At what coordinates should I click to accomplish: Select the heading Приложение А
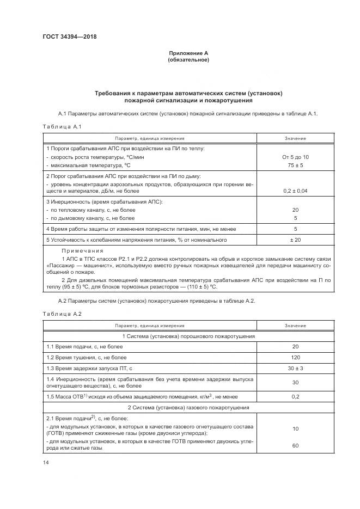188,53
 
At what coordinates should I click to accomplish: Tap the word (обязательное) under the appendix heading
188,59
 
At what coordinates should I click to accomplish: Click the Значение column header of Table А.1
295,138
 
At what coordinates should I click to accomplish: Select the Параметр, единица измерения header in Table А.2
149,326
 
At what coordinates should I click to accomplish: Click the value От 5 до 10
295,157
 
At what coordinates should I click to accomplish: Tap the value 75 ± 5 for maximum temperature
295,164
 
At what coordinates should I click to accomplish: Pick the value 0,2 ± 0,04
295,191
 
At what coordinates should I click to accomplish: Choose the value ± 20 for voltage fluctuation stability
295,240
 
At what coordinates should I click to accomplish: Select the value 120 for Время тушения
295,357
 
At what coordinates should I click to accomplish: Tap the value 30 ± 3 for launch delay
295,368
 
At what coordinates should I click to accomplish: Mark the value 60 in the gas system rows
295,445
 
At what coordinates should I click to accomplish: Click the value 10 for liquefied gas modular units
295,429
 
